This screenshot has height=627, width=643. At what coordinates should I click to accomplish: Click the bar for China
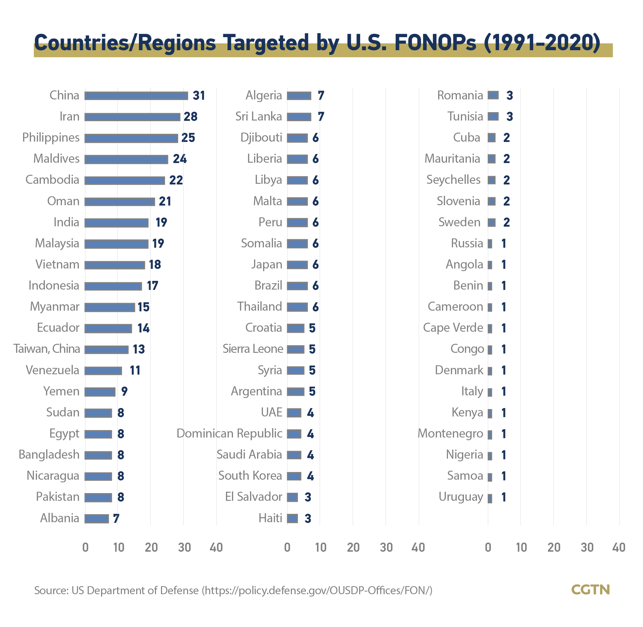tap(136, 96)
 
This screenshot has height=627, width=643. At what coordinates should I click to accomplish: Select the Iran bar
tap(132, 117)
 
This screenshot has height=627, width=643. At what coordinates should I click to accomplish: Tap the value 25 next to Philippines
tap(188, 138)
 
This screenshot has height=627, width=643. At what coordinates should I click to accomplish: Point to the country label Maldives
tap(57, 158)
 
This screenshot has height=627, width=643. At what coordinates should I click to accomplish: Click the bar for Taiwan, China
tap(106, 349)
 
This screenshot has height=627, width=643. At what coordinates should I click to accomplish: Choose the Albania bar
tap(97, 519)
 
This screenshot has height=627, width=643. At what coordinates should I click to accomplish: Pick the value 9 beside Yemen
tap(125, 391)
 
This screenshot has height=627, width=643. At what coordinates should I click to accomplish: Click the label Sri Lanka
tap(259, 116)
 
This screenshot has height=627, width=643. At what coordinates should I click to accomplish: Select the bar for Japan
tap(297, 265)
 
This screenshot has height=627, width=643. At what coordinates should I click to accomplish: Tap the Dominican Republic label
tap(230, 434)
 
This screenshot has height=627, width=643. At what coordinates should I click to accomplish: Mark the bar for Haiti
tap(292, 519)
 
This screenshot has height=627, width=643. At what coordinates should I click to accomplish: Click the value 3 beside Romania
tap(510, 95)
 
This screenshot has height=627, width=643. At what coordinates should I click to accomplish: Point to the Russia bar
tap(490, 244)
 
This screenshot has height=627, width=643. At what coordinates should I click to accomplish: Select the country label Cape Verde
tap(453, 328)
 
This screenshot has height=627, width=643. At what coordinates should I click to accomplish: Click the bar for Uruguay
tap(490, 497)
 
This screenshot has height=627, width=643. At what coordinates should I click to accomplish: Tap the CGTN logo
tap(591, 590)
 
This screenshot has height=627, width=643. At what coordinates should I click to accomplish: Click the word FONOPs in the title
tap(435, 43)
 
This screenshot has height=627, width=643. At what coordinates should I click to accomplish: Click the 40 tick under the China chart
tap(216, 547)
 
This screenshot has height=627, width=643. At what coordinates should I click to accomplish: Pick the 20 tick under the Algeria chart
tap(353, 547)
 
